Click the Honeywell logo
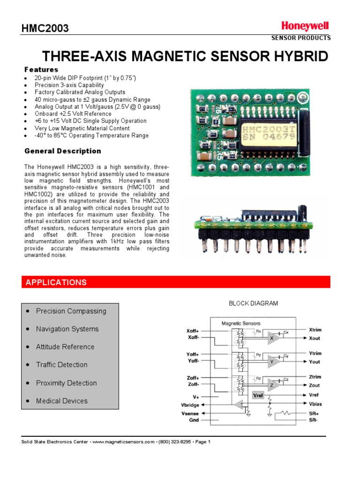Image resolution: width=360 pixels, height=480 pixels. pos(305,26)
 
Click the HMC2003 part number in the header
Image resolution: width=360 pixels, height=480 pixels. pos(45,29)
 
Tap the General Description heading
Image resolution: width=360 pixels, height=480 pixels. pos(62,151)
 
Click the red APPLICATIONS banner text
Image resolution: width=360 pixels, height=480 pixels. pos(56,282)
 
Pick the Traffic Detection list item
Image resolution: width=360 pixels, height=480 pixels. pos(61,365)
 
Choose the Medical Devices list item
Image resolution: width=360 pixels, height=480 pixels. pos(61,401)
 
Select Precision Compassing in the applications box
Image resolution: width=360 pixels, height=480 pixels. pos(71,311)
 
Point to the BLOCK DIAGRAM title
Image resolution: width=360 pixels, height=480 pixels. pos(253,303)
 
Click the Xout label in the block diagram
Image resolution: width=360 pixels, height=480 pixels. pos(315,338)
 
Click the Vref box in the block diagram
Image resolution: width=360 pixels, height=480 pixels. pos(258,395)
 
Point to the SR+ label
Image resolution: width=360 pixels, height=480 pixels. pos(314,414)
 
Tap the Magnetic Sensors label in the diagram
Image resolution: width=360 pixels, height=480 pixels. pos(241,323)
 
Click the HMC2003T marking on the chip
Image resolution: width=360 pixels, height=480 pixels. pos(268,128)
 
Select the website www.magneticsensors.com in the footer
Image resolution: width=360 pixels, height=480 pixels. pos(123,442)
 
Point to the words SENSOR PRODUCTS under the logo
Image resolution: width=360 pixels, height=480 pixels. pos(301,38)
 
